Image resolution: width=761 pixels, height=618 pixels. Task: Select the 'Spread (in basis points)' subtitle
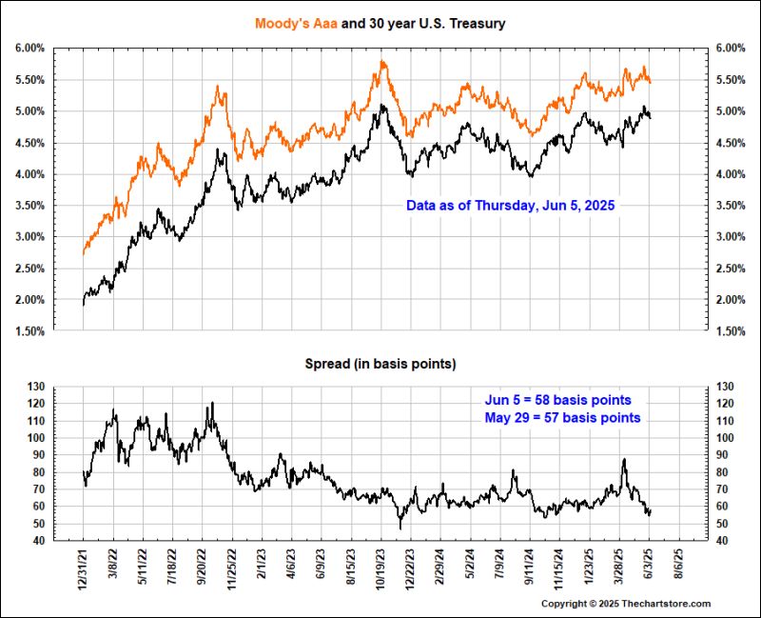coord(380,364)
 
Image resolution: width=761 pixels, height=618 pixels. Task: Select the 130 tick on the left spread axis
coord(35,387)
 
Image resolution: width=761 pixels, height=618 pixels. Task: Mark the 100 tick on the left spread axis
coord(35,438)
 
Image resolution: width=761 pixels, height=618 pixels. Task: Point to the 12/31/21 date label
coord(85,569)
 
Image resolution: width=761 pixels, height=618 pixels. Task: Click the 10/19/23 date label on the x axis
coord(381,569)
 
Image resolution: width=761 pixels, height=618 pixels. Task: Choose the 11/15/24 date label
coord(560,569)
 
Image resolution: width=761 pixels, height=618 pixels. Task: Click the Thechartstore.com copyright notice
coord(626,604)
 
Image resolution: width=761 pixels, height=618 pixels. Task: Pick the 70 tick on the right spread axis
coord(724,489)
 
